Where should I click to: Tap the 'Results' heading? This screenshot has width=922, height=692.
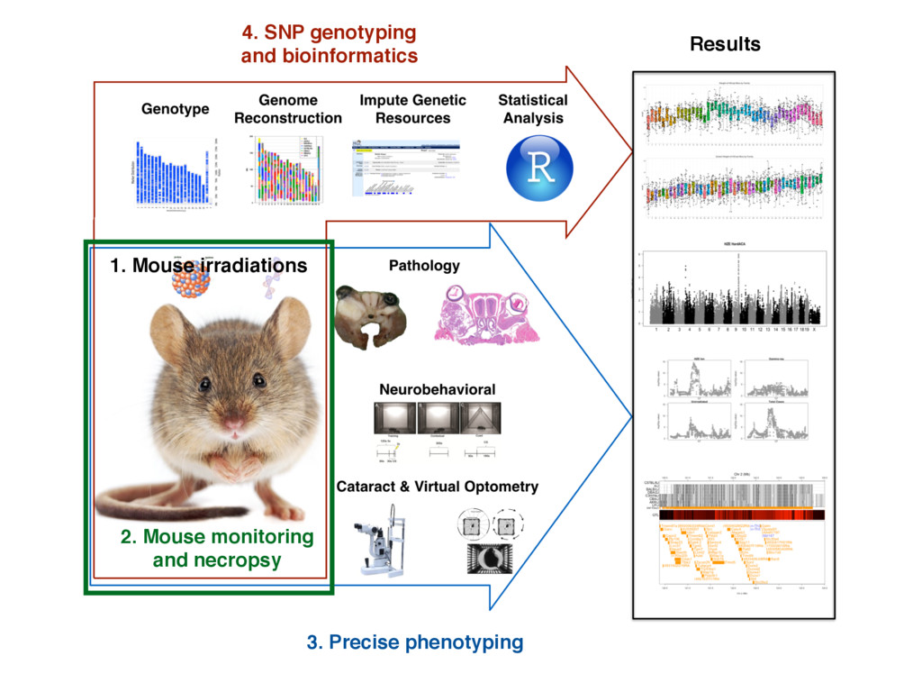(725, 44)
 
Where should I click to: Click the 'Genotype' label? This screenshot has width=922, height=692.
(175, 109)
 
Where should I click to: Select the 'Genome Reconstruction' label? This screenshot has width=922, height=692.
(288, 109)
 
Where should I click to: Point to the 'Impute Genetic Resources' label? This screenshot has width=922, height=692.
(412, 109)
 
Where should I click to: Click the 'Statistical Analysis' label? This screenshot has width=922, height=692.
(533, 109)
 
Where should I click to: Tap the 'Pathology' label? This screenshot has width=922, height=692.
(424, 266)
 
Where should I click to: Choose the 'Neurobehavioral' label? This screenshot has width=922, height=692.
(437, 389)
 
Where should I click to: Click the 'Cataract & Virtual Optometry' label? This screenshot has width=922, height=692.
(437, 487)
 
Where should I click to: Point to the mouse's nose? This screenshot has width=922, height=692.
(233, 423)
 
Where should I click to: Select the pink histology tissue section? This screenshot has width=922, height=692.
(489, 314)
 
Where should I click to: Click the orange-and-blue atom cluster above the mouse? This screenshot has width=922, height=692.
(191, 282)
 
